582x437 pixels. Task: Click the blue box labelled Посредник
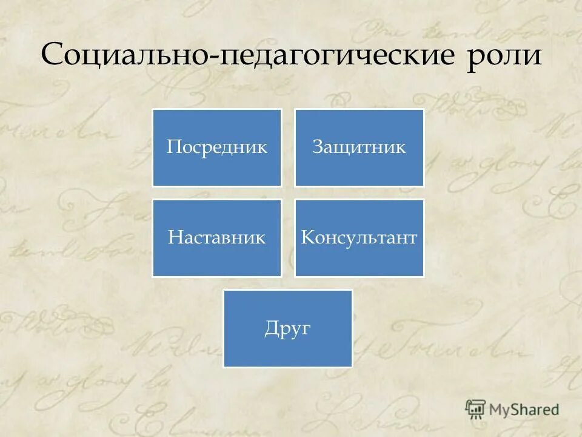point(217,147)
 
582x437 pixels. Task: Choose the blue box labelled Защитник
point(360,147)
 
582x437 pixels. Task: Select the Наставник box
point(217,238)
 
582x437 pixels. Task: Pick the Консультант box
point(360,238)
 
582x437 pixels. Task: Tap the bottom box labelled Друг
point(288,328)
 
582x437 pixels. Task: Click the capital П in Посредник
point(173,147)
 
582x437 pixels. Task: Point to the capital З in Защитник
point(317,147)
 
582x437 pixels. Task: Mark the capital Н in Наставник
point(173,237)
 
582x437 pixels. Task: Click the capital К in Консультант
point(307,237)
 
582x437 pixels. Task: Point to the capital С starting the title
point(52,56)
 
